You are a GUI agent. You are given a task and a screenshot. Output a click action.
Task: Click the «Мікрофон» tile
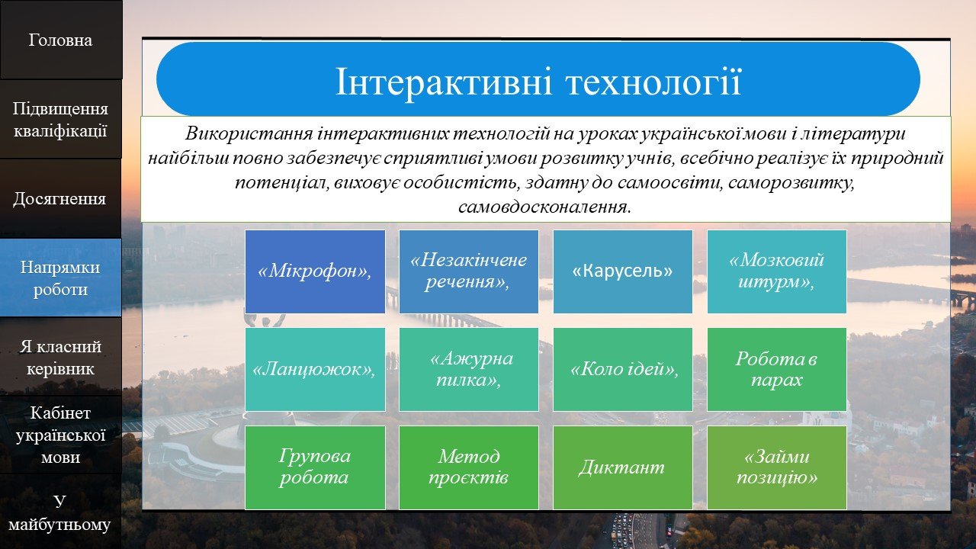pos(315,271)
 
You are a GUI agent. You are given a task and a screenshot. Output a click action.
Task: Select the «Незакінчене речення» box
pos(469,271)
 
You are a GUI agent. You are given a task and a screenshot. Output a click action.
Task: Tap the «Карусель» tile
pos(623,271)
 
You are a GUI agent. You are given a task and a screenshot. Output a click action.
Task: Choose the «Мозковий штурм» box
pos(777,271)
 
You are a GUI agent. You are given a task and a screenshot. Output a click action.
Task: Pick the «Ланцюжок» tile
pos(315,370)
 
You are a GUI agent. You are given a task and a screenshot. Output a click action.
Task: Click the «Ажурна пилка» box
pos(469,370)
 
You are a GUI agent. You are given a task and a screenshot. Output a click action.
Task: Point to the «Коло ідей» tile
pos(623,370)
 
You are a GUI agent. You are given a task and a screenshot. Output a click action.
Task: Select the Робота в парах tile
pos(777,370)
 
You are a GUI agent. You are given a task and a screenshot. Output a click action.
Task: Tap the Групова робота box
pos(315,467)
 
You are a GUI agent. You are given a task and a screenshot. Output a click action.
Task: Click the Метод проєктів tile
pos(469,467)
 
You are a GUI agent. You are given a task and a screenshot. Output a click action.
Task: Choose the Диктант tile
pos(623,467)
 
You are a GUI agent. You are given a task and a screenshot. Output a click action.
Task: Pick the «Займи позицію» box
pos(777,467)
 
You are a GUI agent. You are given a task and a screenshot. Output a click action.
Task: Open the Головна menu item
pos(60,40)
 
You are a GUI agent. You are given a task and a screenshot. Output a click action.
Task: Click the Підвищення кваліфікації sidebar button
pos(60,120)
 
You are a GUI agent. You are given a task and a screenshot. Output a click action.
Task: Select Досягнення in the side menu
pos(60,199)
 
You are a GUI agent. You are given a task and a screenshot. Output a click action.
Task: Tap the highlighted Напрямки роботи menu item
pos(60,278)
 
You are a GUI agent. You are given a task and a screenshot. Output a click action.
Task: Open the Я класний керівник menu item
pos(60,357)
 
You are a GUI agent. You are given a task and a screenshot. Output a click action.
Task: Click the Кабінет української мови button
pos(60,435)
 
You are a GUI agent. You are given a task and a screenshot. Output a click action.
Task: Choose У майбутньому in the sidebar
pos(60,512)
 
